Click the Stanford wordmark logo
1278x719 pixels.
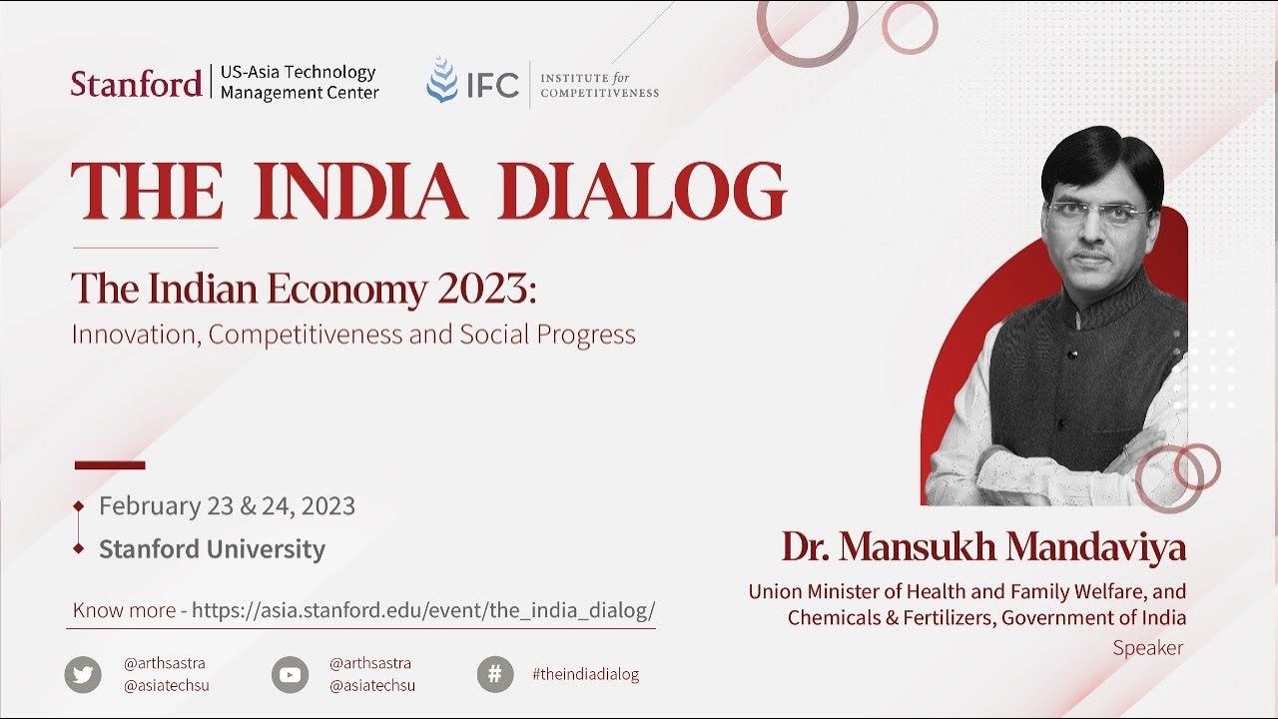(x=137, y=83)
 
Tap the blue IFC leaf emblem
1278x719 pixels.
(x=442, y=80)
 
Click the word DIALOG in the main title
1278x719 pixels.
(x=642, y=191)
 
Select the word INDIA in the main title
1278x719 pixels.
(x=360, y=191)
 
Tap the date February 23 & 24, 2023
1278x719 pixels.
(x=227, y=505)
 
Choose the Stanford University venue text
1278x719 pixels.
(x=213, y=549)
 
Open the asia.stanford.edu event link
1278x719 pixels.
(x=423, y=610)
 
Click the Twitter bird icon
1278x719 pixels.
(x=83, y=674)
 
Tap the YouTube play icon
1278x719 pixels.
(x=290, y=674)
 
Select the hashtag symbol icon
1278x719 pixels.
(x=495, y=674)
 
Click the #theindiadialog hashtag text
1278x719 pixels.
(x=585, y=674)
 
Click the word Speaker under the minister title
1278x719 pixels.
(x=1148, y=648)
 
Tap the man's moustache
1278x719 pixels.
(x=1096, y=255)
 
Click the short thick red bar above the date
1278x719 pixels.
(x=110, y=465)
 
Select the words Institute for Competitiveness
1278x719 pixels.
(x=600, y=85)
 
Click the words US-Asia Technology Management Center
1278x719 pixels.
(x=300, y=82)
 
